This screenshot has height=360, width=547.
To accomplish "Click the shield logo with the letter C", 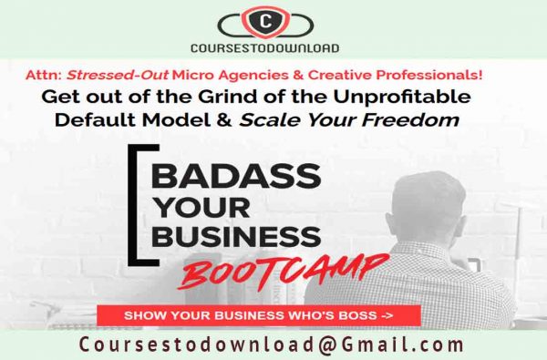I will [x=264, y=20].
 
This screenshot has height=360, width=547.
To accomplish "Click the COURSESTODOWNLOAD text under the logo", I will [x=264, y=48].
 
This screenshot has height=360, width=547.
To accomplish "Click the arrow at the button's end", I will [x=387, y=314].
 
